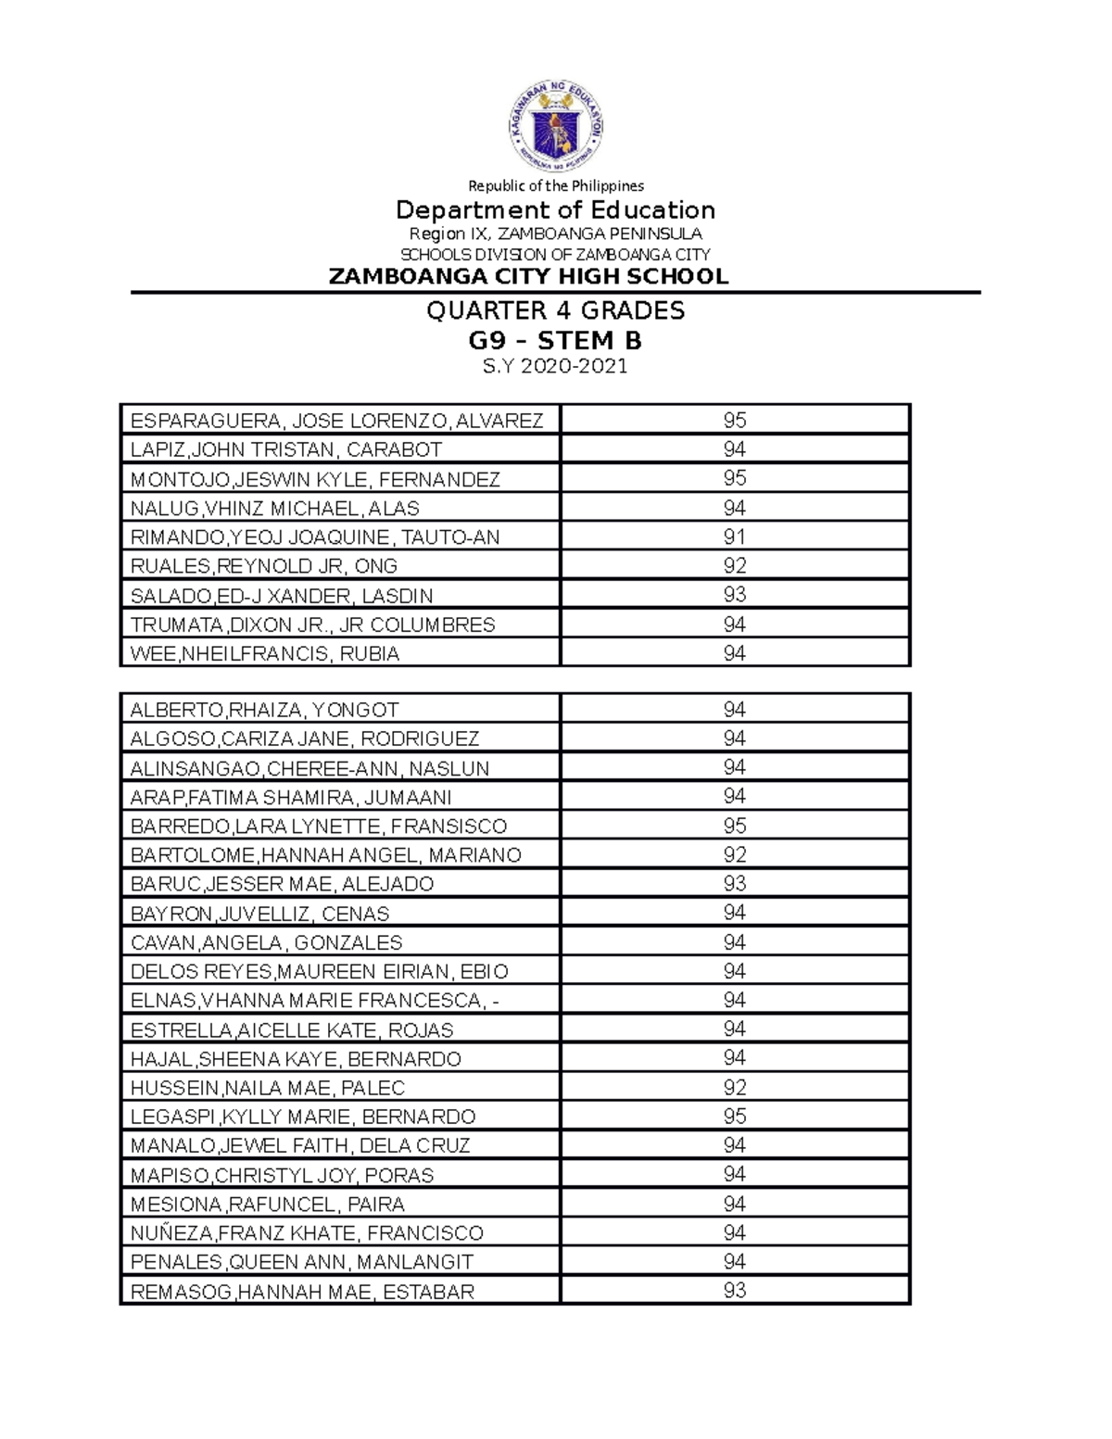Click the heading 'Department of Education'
pyautogui.click(x=555, y=209)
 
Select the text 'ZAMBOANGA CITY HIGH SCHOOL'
pyautogui.click(x=528, y=276)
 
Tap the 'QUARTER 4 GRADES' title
pyautogui.click(x=555, y=310)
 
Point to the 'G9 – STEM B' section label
pyautogui.click(x=555, y=341)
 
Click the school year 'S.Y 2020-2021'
pyautogui.click(x=555, y=367)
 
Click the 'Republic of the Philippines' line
pyautogui.click(x=555, y=185)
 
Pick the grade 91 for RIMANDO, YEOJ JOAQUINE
pyautogui.click(x=735, y=536)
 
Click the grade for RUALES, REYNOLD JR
pyautogui.click(x=735, y=565)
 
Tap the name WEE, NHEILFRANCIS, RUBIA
pyautogui.click(x=265, y=653)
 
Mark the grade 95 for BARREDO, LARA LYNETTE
pyautogui.click(x=735, y=826)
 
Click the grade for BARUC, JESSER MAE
pyautogui.click(x=735, y=883)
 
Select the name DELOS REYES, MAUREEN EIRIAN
pyautogui.click(x=319, y=971)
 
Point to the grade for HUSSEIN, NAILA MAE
pyautogui.click(x=735, y=1087)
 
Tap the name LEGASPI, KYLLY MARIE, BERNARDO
pyautogui.click(x=303, y=1117)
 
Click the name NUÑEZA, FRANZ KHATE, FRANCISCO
pyautogui.click(x=307, y=1232)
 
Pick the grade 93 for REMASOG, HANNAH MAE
pyautogui.click(x=735, y=1290)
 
